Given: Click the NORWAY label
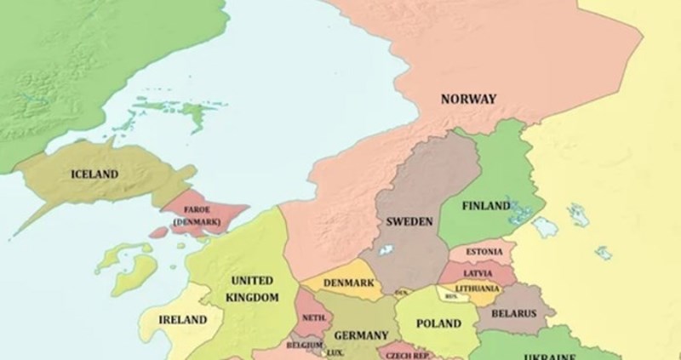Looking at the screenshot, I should coord(468,100).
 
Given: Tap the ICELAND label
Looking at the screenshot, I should coord(94,174).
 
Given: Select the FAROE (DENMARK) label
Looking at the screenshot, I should coord(197,215).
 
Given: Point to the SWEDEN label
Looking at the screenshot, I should coord(409,221).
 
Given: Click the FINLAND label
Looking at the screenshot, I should coord(487,207).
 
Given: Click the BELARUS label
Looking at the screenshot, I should coord(514,314).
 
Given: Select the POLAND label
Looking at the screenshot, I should coord(438,324).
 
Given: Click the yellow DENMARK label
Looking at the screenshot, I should coord(349,283).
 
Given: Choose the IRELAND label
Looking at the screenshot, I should coord(183,320).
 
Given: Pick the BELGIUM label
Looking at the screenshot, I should coord(304,345).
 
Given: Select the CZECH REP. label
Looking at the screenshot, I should coord(406,355).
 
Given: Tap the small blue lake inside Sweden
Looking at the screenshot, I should coord(386,251).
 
